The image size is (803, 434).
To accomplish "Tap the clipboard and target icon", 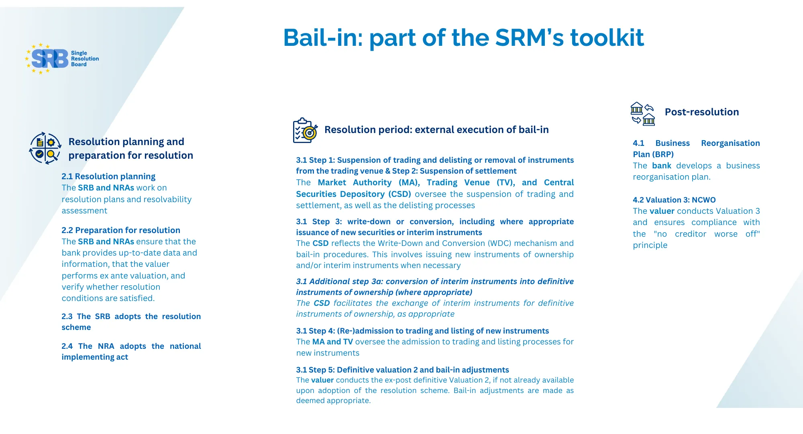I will tap(305, 130).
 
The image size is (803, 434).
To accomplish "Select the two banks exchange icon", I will tap(643, 114).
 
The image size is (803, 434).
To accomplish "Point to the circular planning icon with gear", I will tap(45, 148).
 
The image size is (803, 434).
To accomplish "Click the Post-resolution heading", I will tap(701, 112).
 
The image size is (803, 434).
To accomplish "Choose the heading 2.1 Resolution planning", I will tap(108, 176).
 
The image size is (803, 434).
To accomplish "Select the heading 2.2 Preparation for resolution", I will tap(121, 230).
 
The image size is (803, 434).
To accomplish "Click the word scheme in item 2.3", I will tap(76, 327).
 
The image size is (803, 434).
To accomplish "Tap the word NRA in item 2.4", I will tap(106, 346).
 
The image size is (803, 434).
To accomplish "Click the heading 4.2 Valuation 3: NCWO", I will tap(674, 200).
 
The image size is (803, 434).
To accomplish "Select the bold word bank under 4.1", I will tap(661, 166).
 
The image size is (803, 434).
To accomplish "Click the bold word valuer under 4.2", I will tap(662, 211).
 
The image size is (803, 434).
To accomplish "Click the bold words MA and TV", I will tap(332, 342).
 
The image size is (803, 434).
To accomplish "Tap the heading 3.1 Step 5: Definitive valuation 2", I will tap(402, 370).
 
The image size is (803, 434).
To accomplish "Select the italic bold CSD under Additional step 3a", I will tap(321, 303).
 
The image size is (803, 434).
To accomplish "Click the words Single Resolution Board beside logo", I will tap(85, 59).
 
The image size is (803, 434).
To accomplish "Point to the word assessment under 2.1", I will tap(84, 211).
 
